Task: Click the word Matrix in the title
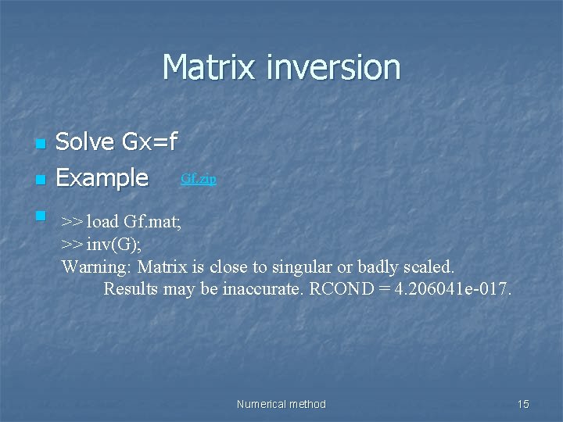pyautogui.click(x=210, y=67)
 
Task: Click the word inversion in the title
pyautogui.click(x=333, y=67)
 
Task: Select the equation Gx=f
pyautogui.click(x=150, y=142)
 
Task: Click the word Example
pyautogui.click(x=102, y=178)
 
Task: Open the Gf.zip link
pyautogui.click(x=199, y=178)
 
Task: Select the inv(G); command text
pyautogui.click(x=115, y=244)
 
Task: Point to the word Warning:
pyautogui.click(x=97, y=266)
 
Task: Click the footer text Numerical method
pyautogui.click(x=281, y=404)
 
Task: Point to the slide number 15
pyautogui.click(x=523, y=404)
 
